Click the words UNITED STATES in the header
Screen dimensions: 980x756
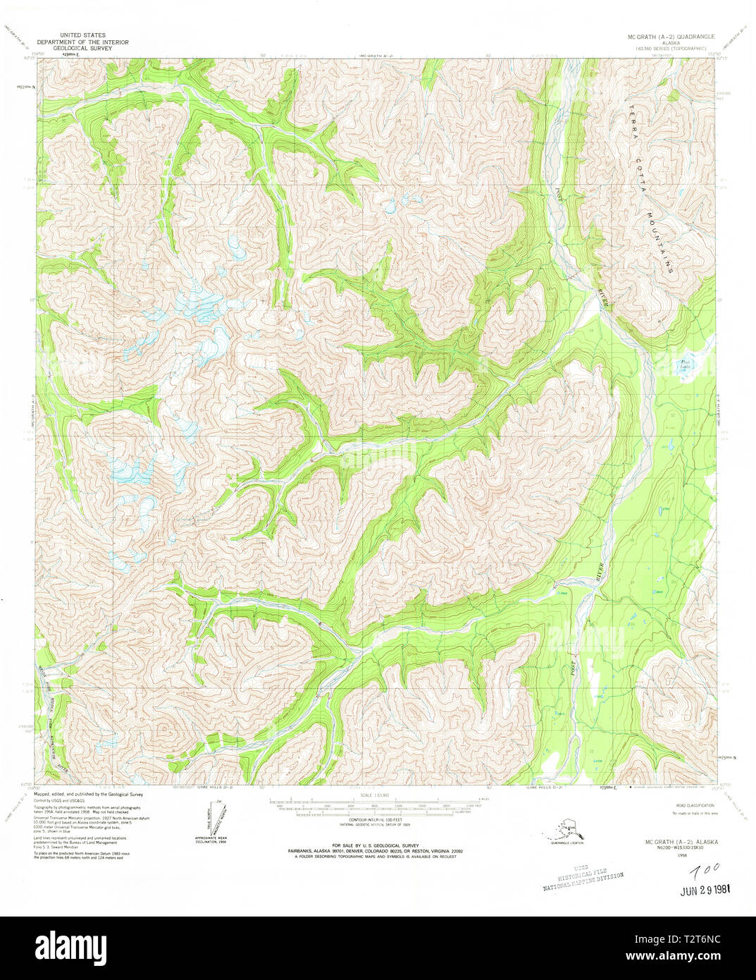(83, 34)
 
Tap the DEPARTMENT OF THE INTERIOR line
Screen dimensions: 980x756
(83, 42)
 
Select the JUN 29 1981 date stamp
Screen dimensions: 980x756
(704, 890)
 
